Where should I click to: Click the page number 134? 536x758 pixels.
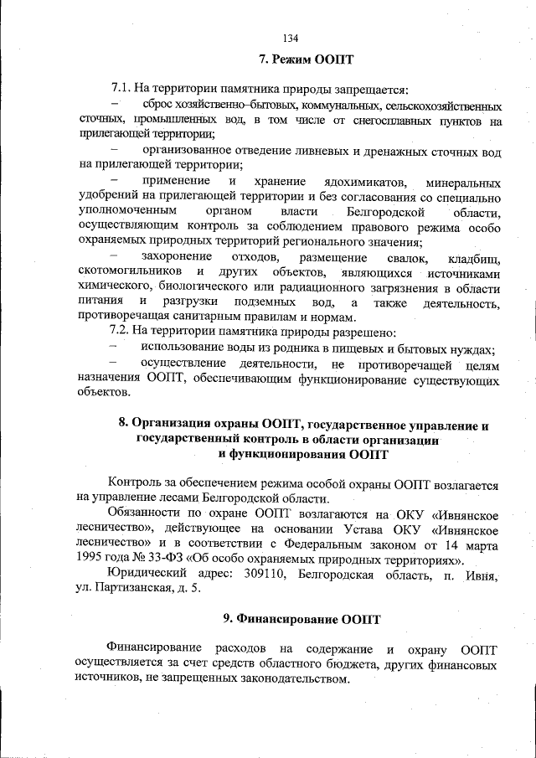291,38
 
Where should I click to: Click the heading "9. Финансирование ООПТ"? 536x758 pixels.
301,621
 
